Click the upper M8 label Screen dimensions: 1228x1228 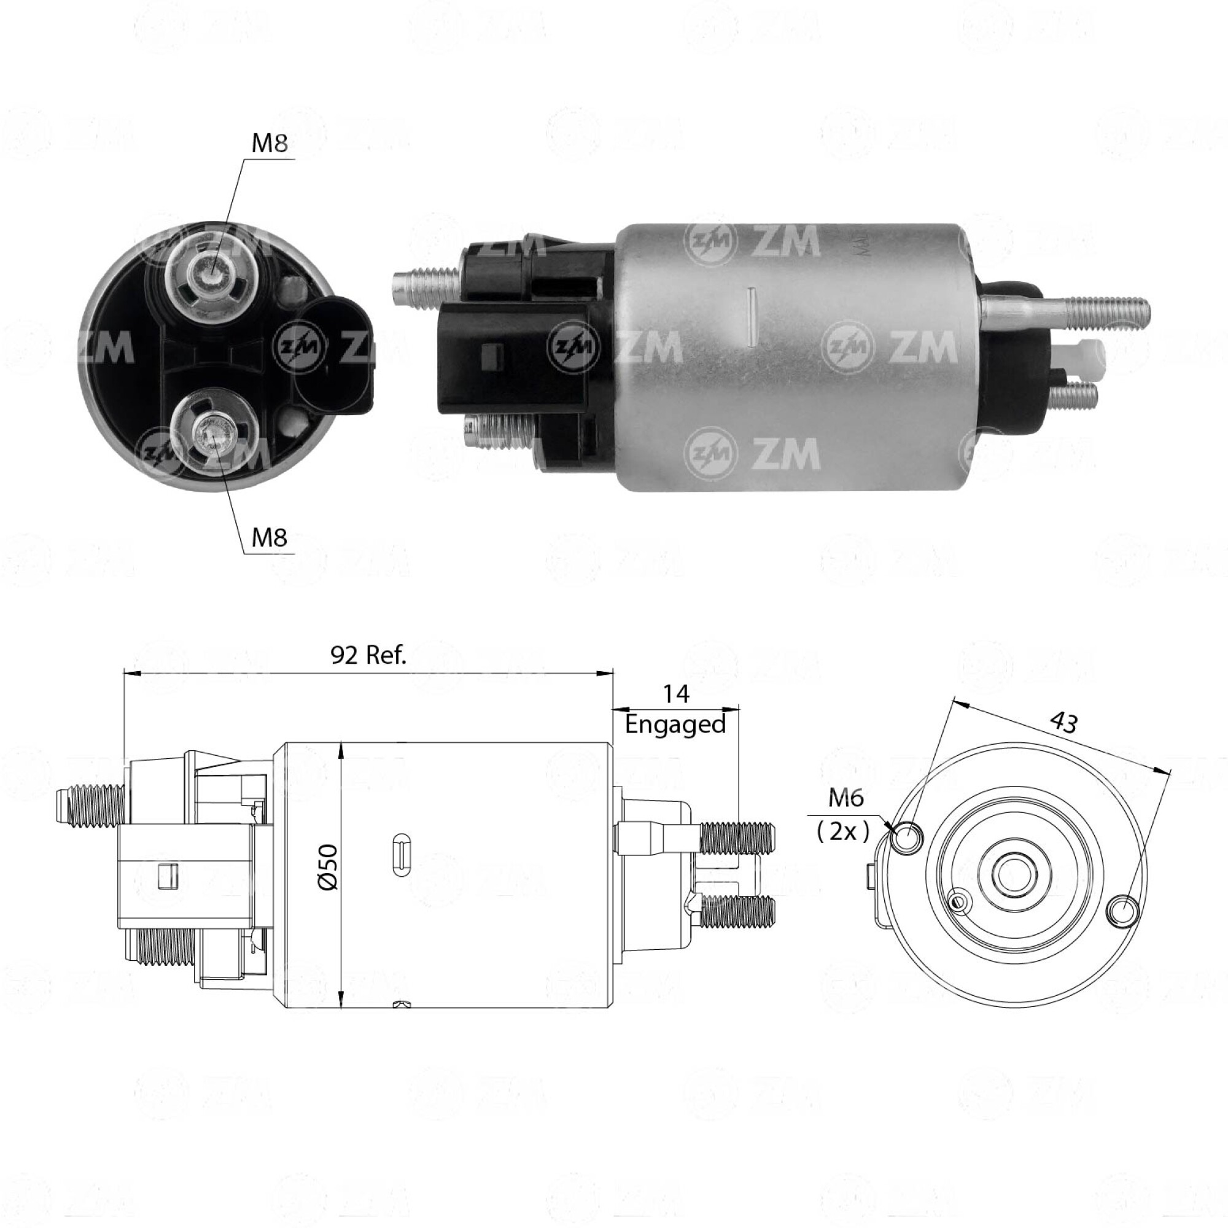(x=270, y=144)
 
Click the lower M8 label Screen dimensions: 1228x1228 (x=270, y=538)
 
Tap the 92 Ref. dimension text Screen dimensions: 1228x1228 (x=368, y=655)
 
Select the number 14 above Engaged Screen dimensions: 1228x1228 (x=675, y=694)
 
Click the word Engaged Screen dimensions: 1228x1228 (x=675, y=725)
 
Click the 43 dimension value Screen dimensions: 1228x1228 (x=1063, y=723)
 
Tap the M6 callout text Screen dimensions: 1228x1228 (x=846, y=798)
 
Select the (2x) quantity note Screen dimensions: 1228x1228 (x=843, y=831)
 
